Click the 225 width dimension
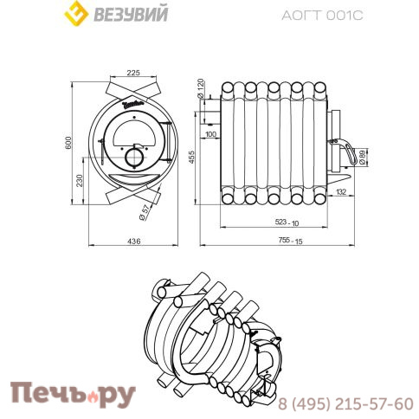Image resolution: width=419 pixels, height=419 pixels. (133, 74)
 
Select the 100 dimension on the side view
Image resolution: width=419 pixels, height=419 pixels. (211, 134)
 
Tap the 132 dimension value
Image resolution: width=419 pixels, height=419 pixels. (340, 191)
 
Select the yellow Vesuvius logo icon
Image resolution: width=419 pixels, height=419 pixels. (79, 15)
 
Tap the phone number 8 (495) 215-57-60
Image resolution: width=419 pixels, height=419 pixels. (345, 403)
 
